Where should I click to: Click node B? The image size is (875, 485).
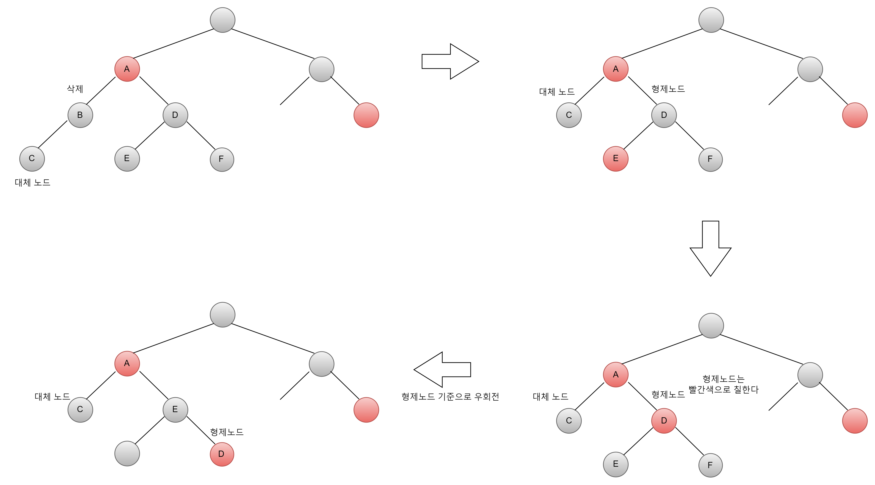[x=80, y=115]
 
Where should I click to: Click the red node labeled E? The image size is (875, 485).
[x=616, y=159]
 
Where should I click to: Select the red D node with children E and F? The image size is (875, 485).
[x=664, y=421]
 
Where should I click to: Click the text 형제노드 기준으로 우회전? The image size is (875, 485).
[x=450, y=396]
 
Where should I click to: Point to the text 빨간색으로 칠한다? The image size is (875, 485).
[x=724, y=389]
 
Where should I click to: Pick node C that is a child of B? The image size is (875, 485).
[x=32, y=159]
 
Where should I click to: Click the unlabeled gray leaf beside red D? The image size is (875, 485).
[x=127, y=454]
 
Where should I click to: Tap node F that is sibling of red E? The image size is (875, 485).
[x=710, y=159]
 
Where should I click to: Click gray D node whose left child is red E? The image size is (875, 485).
[x=664, y=115]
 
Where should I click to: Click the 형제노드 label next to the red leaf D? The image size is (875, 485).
[x=227, y=432]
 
